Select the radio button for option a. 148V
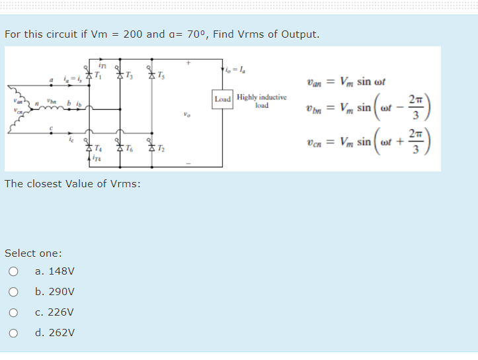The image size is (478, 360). pos(13,271)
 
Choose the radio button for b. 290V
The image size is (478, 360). pos(13,292)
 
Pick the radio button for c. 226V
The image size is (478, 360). pos(13,312)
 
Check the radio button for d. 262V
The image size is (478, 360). pos(13,333)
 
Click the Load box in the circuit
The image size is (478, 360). pos(223,99)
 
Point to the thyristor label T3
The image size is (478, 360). pos(130,74)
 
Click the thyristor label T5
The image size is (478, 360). pos(161,74)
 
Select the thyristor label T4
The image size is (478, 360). pos(99,148)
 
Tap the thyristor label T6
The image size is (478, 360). pos(130,148)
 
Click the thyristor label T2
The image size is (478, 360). pos(162,148)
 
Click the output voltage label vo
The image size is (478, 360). pos(188,113)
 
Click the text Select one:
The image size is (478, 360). pos(34,253)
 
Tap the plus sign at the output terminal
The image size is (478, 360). pos(188,64)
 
